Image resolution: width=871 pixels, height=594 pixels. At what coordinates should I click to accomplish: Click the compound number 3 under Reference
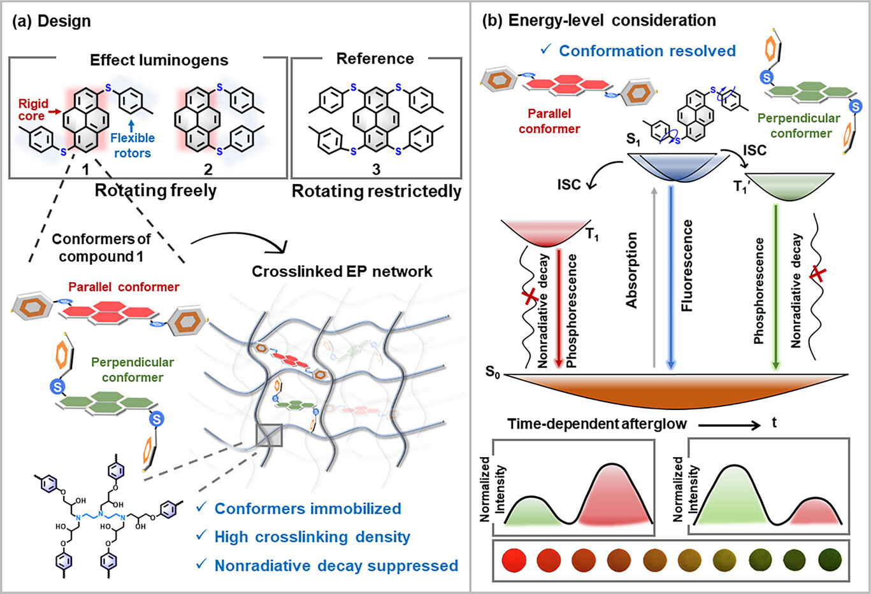(x=376, y=169)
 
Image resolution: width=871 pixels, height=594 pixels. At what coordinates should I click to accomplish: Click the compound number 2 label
(x=208, y=169)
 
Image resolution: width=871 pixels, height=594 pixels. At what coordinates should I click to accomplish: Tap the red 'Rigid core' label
(x=32, y=110)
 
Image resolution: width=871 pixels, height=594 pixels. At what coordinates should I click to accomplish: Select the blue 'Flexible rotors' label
(x=133, y=145)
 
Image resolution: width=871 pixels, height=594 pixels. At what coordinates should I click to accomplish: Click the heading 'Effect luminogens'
(x=159, y=60)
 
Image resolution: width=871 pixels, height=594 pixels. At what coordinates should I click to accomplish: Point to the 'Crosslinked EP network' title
(x=342, y=271)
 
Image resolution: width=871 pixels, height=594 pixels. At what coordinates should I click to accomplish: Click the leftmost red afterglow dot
(x=514, y=560)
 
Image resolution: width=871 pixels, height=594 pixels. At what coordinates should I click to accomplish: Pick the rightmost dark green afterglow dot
(x=830, y=560)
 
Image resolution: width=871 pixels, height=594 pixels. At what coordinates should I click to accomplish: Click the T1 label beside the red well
(x=592, y=236)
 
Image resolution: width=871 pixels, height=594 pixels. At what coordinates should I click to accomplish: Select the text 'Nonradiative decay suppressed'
(x=336, y=565)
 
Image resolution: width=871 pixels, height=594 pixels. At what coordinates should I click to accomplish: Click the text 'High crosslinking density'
(x=312, y=537)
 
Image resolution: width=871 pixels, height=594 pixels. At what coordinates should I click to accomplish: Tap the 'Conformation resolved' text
(x=647, y=51)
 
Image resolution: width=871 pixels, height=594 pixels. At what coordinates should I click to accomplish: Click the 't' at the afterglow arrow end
(x=774, y=423)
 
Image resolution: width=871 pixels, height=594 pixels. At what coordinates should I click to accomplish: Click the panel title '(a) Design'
(x=52, y=21)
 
